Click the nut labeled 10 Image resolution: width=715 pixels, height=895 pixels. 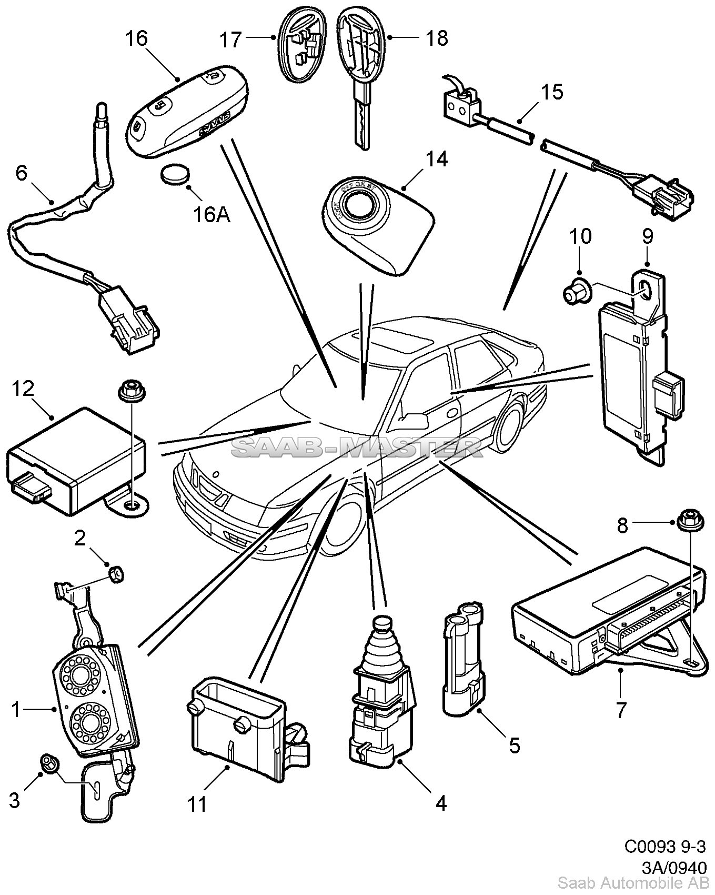574,292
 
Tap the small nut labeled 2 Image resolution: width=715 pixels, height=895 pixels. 115,573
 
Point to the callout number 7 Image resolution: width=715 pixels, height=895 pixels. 621,710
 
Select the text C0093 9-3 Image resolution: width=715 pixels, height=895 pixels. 664,861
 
